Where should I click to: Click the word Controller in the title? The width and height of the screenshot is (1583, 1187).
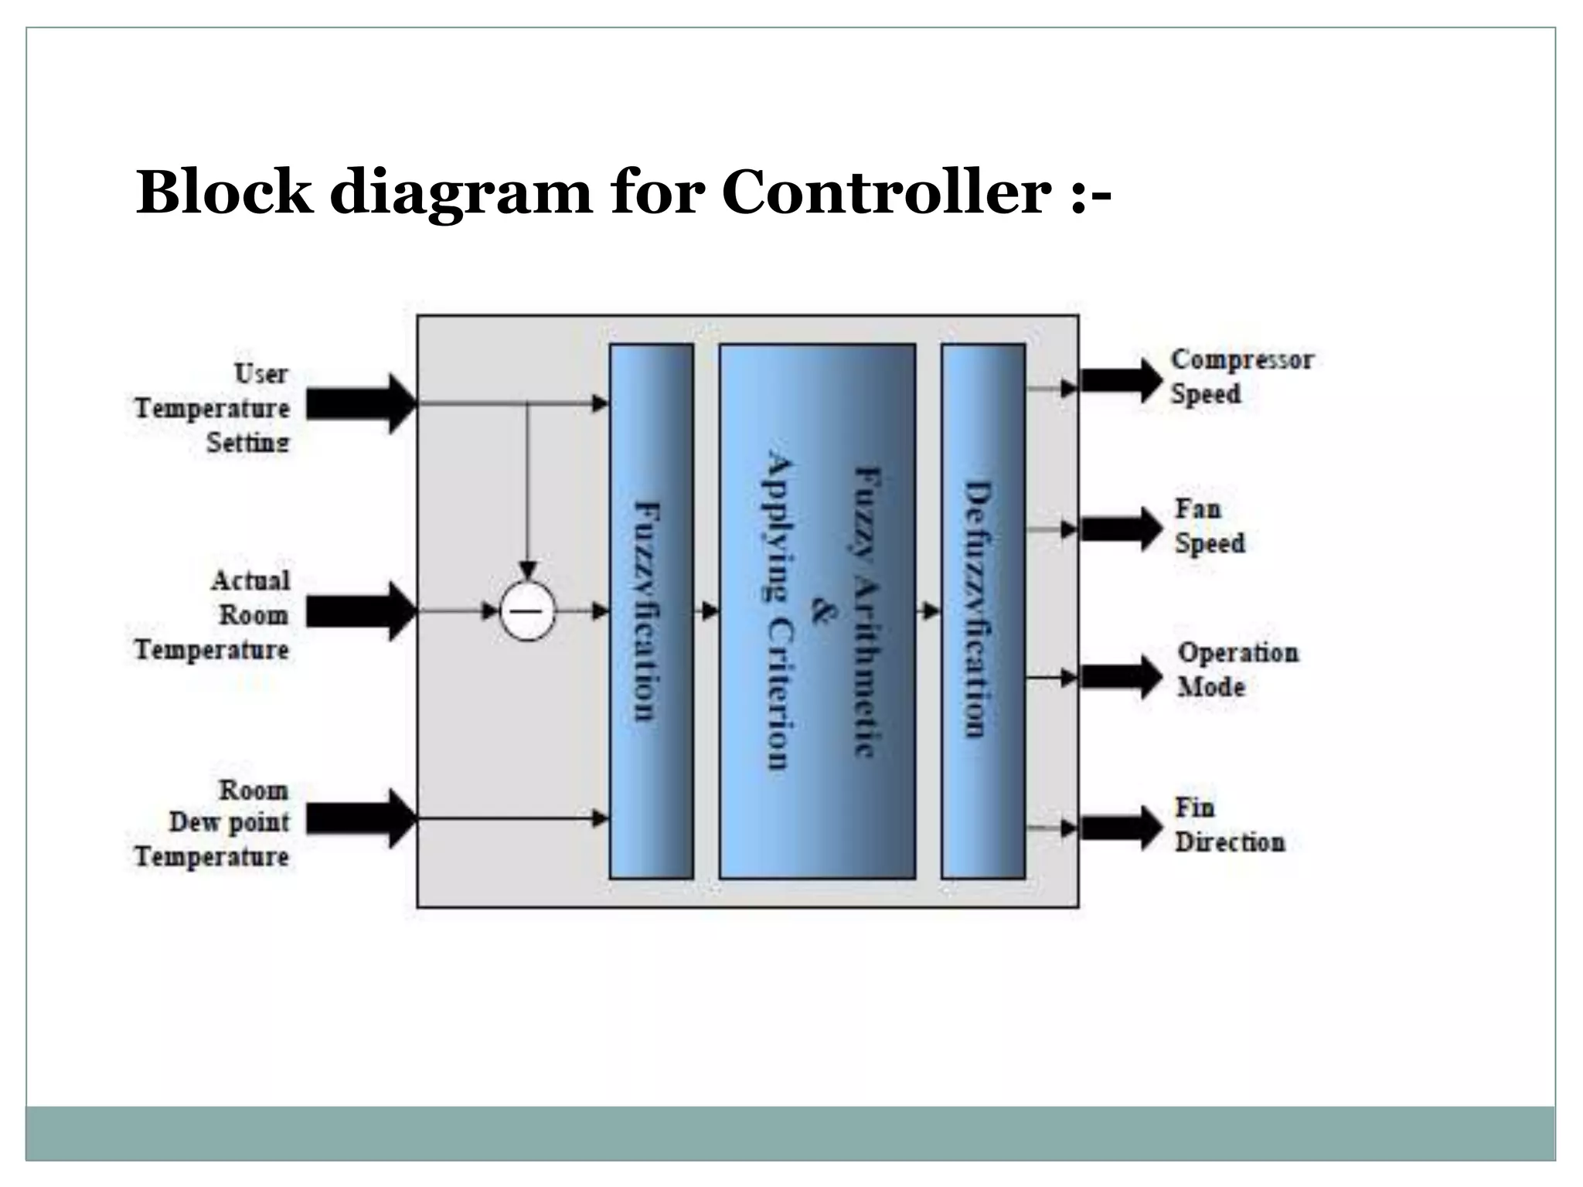(886, 192)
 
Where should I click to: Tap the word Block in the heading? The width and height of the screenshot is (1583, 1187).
(224, 192)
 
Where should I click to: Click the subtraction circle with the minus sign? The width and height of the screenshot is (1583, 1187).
(527, 611)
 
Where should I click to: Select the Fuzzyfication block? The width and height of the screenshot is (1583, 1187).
(651, 611)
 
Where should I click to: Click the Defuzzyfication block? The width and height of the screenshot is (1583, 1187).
(982, 611)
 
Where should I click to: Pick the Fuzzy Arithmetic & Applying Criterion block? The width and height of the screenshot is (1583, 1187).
(817, 611)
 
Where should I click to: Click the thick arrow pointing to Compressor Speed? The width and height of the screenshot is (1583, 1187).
(1120, 380)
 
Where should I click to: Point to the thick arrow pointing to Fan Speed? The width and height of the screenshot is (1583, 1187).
(1120, 529)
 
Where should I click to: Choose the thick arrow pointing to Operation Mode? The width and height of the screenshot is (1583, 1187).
(1120, 678)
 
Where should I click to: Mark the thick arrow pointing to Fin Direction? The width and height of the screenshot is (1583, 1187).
(1120, 828)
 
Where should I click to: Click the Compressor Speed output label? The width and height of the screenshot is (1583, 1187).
(1241, 376)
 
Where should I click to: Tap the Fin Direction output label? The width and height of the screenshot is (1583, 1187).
(1229, 825)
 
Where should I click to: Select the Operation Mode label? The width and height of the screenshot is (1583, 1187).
(1237, 669)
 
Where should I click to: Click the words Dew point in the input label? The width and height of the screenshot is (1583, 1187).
(229, 822)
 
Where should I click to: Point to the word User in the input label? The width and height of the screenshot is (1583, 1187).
(260, 374)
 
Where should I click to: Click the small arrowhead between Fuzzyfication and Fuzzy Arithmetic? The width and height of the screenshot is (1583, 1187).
(709, 611)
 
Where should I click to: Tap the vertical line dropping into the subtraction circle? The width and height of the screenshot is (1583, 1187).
(527, 487)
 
